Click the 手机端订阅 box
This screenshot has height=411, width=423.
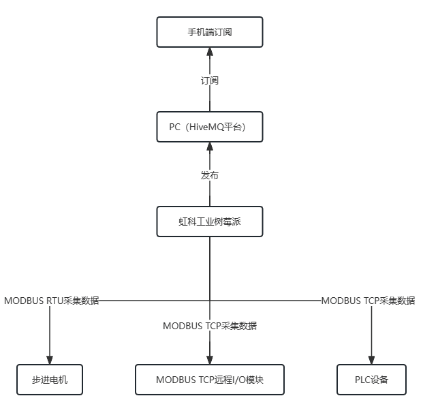(x=210, y=32)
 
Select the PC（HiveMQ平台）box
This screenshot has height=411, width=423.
(x=210, y=127)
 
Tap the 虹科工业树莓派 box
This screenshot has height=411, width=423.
(x=210, y=222)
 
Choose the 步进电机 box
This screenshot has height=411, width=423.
(x=50, y=380)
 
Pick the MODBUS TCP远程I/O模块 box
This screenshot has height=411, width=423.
(x=209, y=380)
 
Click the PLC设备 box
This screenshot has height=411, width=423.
(x=371, y=380)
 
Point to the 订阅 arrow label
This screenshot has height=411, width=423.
(x=210, y=80)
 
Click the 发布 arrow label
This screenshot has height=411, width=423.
(x=210, y=175)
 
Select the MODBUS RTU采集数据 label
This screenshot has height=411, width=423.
(x=52, y=301)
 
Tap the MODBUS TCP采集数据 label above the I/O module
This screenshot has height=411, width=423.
(x=210, y=326)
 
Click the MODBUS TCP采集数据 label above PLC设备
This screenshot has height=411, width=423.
(x=368, y=301)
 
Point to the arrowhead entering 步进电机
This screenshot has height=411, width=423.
(x=50, y=361)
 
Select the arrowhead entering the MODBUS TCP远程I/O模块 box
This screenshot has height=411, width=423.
(x=210, y=361)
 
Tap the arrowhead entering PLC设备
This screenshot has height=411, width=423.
(x=371, y=361)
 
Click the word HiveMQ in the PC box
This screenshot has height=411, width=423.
(x=206, y=127)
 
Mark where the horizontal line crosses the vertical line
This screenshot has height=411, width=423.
(x=210, y=301)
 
